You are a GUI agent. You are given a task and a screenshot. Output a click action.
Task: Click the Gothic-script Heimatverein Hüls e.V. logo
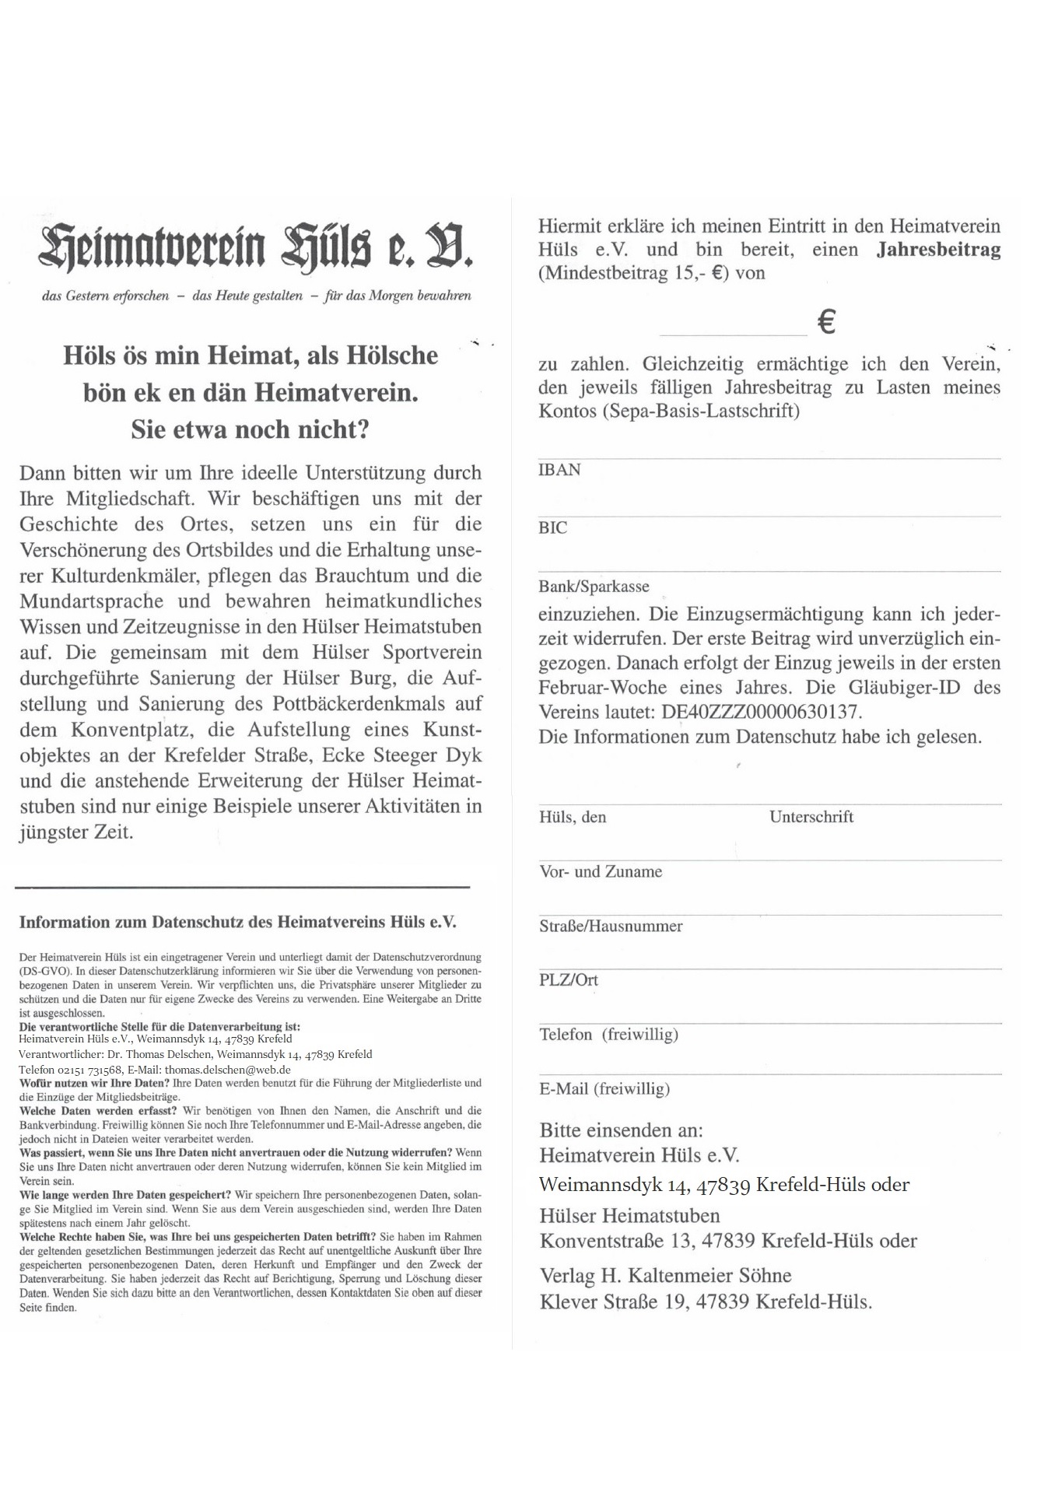point(256,246)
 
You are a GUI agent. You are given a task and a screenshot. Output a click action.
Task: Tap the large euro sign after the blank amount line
point(827,321)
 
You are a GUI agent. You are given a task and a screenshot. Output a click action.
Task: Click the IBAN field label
point(559,470)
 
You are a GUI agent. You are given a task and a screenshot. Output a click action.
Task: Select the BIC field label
point(553,528)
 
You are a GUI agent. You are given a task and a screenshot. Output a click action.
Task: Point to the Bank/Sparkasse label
point(594,587)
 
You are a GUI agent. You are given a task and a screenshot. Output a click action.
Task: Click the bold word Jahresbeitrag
point(938,250)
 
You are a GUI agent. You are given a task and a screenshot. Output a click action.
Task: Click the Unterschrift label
point(811,817)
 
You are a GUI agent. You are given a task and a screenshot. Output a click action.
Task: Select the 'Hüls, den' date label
point(573,817)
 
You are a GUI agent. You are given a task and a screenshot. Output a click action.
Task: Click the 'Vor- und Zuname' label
point(601,872)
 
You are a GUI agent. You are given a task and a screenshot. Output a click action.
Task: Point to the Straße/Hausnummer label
point(611,927)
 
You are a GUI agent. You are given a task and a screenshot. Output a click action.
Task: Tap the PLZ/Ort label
point(569,980)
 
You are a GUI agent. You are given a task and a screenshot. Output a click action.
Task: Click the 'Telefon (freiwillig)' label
point(609,1035)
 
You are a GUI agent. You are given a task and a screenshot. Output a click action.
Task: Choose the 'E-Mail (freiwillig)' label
point(604,1089)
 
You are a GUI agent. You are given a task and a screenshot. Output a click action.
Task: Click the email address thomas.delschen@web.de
point(228,1070)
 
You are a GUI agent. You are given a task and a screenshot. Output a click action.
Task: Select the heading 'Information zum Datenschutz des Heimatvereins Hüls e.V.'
point(237,923)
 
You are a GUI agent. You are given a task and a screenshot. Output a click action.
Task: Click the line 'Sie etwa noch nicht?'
point(250,429)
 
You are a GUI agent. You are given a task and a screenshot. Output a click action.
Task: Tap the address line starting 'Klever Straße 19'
point(706,1302)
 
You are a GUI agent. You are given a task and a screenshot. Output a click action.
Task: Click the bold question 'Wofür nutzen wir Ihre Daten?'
point(94,1083)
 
